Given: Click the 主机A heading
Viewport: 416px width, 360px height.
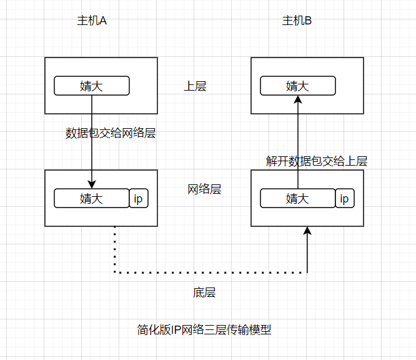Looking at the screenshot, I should coord(92,21).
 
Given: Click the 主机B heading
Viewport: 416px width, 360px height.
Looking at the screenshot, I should coord(297,21).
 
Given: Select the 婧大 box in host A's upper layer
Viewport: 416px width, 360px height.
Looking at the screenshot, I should coord(92,86).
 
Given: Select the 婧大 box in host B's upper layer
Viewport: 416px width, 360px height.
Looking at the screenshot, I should coord(297,86).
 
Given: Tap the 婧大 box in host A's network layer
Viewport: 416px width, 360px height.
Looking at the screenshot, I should coord(91,198).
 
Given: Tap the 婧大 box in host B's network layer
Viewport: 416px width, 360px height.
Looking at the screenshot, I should coord(297,198).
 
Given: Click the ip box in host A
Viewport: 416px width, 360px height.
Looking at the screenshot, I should coord(139,198).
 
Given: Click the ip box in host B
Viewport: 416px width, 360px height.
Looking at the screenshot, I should coord(344,198).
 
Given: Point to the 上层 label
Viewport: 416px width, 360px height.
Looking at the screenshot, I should coord(194,86).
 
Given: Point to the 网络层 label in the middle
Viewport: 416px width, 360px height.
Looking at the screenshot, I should coord(204,189).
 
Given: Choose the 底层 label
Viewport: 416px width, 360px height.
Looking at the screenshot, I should coord(204,292).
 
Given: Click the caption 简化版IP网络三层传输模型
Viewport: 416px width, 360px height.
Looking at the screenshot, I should coord(204,329).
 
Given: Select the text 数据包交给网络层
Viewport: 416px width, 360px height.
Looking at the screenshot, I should coord(110,133).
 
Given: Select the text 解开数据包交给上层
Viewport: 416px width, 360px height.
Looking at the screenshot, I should coord(316,161).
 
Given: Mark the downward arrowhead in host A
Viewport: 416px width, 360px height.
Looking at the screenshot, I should coord(92,184).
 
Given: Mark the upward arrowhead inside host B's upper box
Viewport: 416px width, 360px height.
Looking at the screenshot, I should coord(298,99).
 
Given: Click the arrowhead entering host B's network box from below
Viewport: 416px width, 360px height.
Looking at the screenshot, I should coord(307,231).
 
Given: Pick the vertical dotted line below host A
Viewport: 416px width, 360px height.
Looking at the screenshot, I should coord(115,249).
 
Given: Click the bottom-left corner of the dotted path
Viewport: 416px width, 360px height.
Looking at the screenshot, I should coord(115,272).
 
